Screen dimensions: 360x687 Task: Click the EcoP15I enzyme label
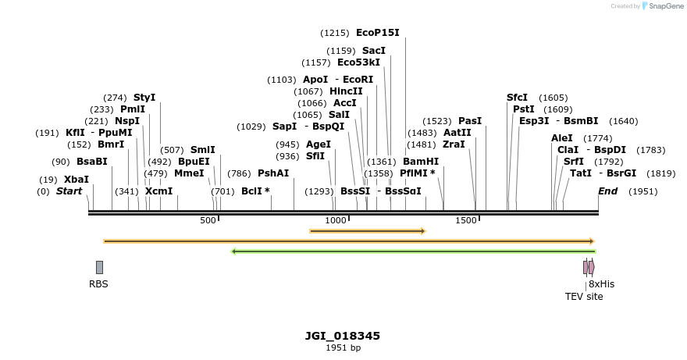377,33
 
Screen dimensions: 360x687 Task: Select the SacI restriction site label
373,50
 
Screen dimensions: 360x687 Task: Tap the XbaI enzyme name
77,179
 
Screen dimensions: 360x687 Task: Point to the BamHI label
421,161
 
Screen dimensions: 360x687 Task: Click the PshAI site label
273,173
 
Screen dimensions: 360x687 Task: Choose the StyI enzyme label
144,98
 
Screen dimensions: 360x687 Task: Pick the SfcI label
517,98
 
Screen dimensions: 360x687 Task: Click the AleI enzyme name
561,138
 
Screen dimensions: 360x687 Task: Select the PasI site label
470,121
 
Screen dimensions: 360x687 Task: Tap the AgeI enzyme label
319,144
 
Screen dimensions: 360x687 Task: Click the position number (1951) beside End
643,191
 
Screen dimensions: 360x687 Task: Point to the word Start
69,191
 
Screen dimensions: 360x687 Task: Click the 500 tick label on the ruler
208,221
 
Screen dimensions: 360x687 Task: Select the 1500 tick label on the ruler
465,221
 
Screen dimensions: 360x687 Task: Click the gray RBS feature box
99,267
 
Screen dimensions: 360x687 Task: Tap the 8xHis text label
601,284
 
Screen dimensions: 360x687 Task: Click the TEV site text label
584,297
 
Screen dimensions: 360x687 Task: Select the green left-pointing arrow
413,251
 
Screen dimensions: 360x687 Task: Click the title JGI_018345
343,336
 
